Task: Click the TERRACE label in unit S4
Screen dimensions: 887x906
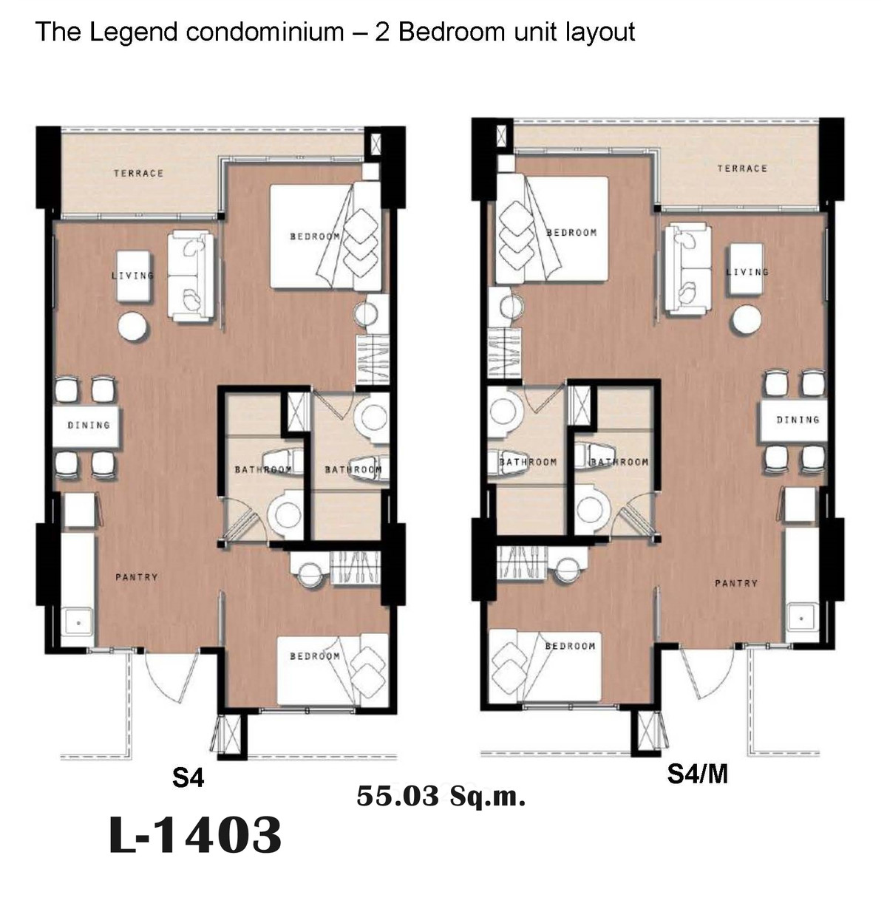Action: (x=138, y=174)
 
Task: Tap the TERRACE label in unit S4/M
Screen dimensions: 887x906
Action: (x=742, y=168)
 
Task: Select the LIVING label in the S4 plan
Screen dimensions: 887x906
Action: (x=132, y=276)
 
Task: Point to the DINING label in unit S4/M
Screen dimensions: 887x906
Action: (x=798, y=420)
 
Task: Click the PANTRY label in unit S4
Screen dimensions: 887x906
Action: (x=137, y=577)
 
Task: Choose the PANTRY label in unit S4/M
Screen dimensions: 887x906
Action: (x=736, y=583)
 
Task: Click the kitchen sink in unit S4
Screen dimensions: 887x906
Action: (x=78, y=622)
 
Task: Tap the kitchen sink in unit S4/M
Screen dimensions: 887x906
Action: (x=801, y=619)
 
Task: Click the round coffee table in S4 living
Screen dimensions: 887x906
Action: (x=134, y=327)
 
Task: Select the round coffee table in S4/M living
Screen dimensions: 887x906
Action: (x=746, y=320)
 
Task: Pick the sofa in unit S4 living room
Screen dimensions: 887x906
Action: (x=191, y=276)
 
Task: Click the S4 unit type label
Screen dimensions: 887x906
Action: (x=188, y=777)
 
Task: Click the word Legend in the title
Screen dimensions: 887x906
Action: (x=134, y=32)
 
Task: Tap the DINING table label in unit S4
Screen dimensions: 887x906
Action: (x=89, y=425)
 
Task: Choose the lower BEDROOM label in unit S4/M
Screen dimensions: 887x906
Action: (x=570, y=647)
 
